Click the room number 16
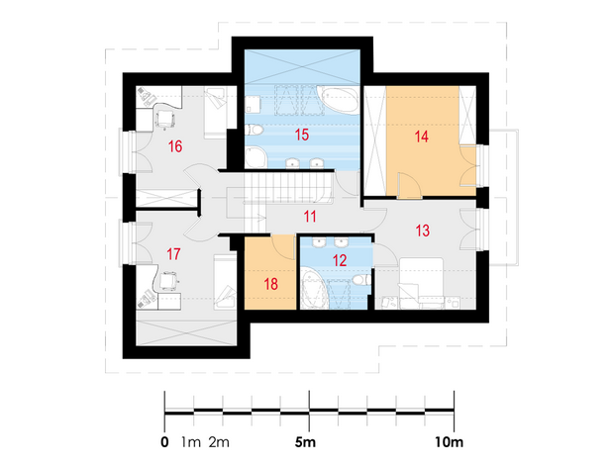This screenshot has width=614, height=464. pos(175,146)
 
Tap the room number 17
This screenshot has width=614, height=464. pos(173,254)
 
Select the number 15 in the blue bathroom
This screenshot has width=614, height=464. pos(302,135)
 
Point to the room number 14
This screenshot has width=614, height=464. pos(421,137)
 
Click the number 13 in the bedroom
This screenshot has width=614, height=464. pos(422,231)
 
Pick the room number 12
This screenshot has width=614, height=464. pos(340,260)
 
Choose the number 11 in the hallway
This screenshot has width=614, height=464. pos(310,217)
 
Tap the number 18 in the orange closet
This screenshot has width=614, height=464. pos(271,284)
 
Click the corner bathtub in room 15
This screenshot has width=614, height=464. pos(339,100)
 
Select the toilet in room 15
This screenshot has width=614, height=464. pos(255,129)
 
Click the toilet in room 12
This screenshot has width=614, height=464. pos(361,280)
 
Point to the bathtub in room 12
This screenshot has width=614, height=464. pos(314,289)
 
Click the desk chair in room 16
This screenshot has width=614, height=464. pos(164,118)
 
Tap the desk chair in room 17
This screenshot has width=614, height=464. pos(169,280)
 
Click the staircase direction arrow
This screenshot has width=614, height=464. pos(259,218)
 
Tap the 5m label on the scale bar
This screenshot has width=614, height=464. pos(305,442)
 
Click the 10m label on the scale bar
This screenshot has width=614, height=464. pos(449,442)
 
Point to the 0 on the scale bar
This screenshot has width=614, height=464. pos(164,442)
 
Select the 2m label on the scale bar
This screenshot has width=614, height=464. pos(219,442)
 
